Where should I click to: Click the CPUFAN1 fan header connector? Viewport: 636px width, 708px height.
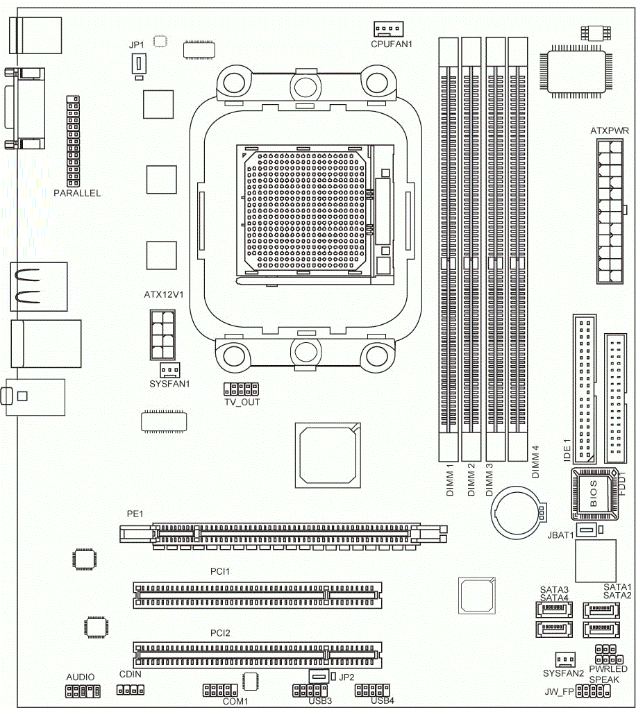pos(388,28)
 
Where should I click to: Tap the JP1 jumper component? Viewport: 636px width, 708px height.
pos(139,64)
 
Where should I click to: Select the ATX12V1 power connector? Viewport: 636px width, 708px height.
pos(162,335)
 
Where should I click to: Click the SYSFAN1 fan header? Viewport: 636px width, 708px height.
pos(170,370)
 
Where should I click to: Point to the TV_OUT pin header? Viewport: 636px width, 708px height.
pos(241,389)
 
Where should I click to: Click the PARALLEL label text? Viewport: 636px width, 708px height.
pos(77,193)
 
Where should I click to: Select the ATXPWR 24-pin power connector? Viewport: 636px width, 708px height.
pos(610,211)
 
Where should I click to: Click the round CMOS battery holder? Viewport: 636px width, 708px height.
pos(517,512)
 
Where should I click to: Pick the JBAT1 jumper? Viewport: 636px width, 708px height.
pos(586,530)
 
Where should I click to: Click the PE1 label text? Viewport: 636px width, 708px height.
pos(135,514)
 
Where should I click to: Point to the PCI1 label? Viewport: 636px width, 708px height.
pos(220,572)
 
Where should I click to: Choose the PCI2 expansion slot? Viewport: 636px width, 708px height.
pos(258,655)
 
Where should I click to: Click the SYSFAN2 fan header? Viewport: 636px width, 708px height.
pos(565,659)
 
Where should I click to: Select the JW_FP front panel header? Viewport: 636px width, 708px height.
pos(593,691)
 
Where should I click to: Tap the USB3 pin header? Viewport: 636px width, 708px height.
pos(310,691)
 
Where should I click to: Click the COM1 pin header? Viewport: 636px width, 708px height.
pos(220,691)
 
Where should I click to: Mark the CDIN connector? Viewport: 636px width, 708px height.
pos(131,690)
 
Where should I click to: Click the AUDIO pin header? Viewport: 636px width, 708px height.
pos(83,691)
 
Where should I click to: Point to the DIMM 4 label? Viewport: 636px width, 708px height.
pos(535,462)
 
